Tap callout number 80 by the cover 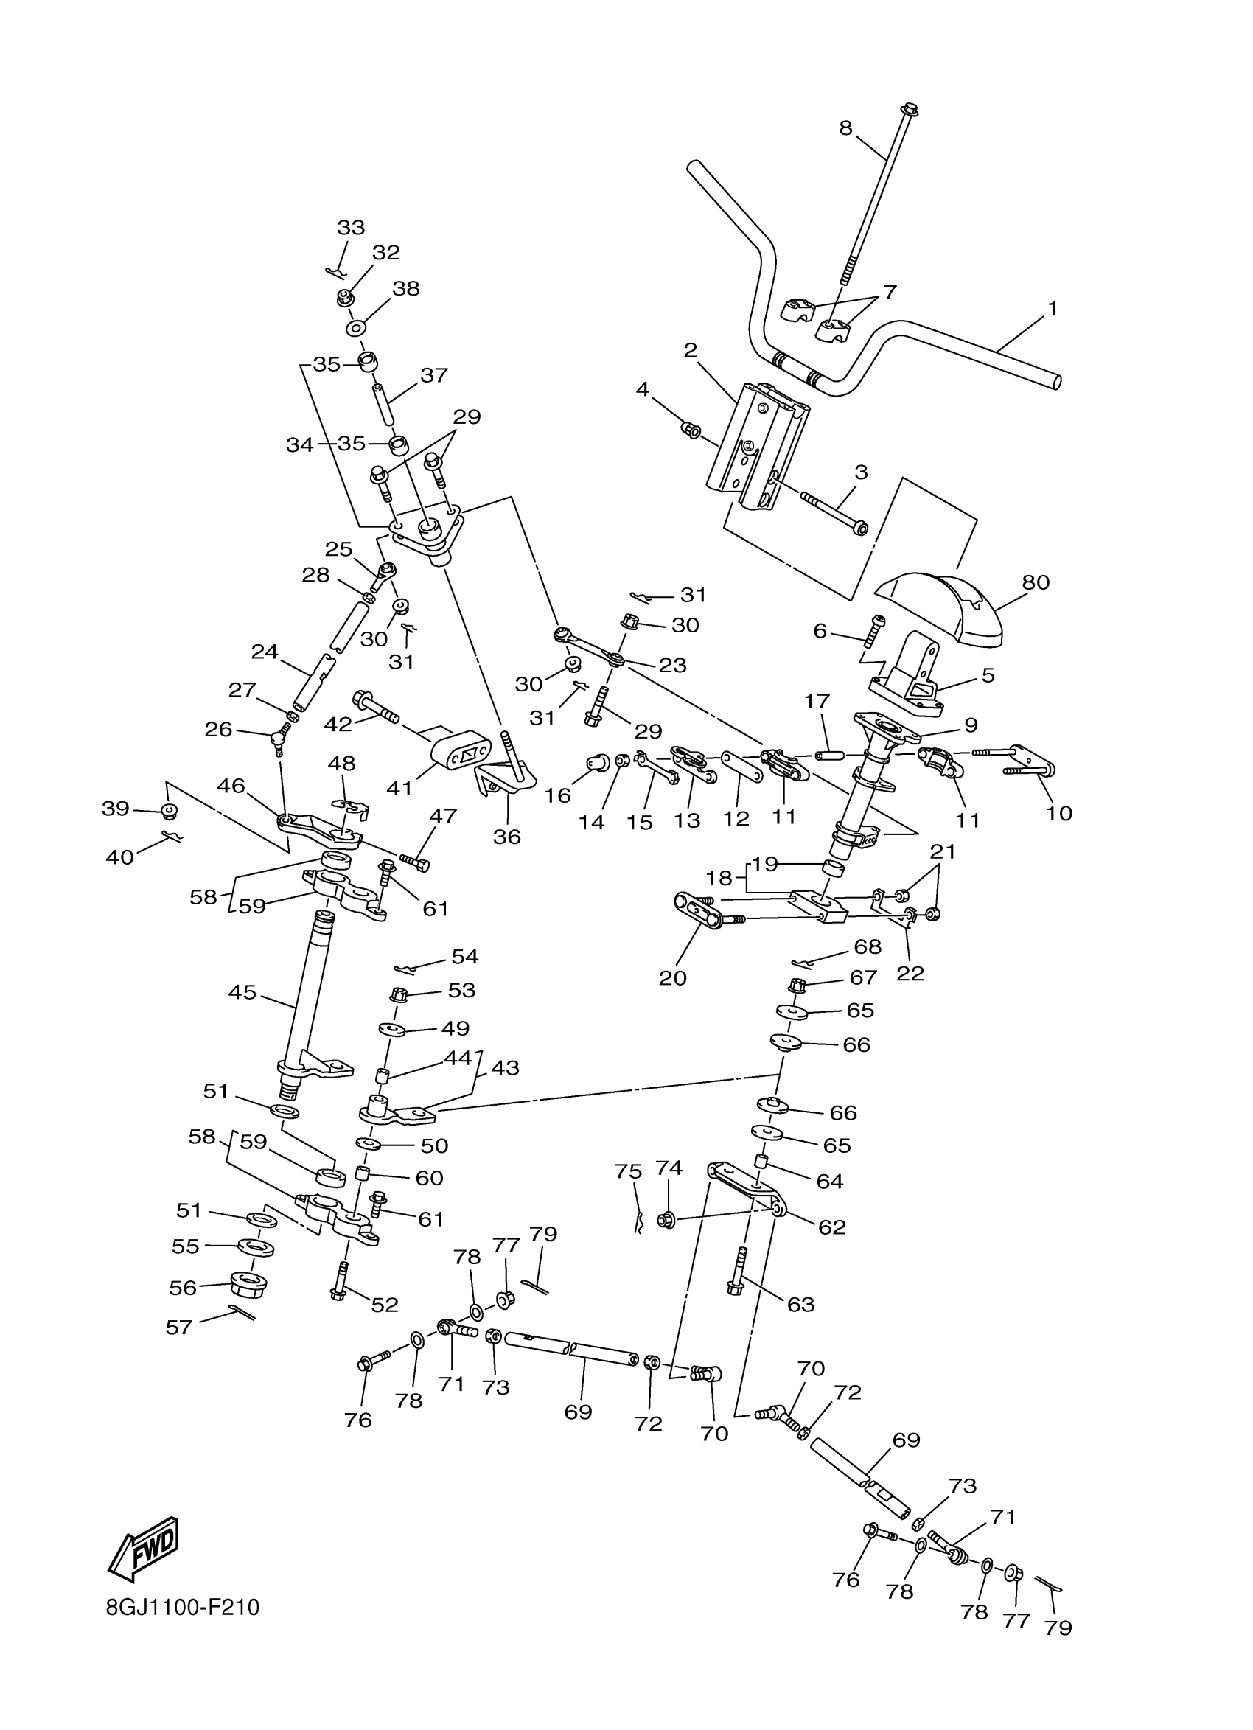[1036, 582]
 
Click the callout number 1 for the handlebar [1053, 309]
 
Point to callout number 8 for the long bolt [845, 128]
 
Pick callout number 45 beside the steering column [242, 993]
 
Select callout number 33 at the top [351, 227]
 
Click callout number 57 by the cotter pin [179, 1328]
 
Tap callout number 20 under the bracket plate [673, 978]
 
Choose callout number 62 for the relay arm [832, 1227]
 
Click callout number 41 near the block [399, 787]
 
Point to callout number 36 [507, 837]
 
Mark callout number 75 [629, 1171]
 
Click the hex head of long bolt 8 [910, 109]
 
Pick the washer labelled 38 [356, 329]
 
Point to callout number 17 [816, 700]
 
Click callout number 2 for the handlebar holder [690, 350]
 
